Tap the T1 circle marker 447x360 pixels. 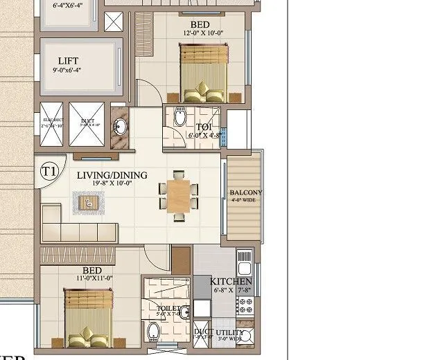tap(49, 170)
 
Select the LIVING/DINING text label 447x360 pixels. tap(112, 175)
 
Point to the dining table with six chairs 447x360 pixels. tap(179, 196)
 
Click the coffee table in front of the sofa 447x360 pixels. tap(88, 202)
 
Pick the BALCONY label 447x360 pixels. tap(246, 192)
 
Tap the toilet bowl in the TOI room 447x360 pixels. tap(180, 117)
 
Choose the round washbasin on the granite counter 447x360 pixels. tap(119, 126)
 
